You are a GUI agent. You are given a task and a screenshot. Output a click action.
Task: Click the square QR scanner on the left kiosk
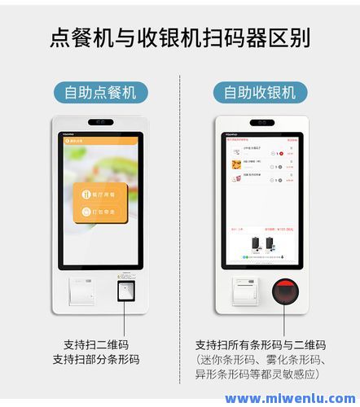click(125, 291)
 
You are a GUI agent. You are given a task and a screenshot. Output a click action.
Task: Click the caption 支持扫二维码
click(95, 344)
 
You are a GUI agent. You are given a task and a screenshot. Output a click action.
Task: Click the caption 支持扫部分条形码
click(95, 359)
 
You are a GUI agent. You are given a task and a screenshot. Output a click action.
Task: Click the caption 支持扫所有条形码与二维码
click(260, 344)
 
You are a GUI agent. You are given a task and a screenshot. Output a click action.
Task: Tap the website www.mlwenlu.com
click(289, 398)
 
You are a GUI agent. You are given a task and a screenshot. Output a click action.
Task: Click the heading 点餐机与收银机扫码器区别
click(179, 37)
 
